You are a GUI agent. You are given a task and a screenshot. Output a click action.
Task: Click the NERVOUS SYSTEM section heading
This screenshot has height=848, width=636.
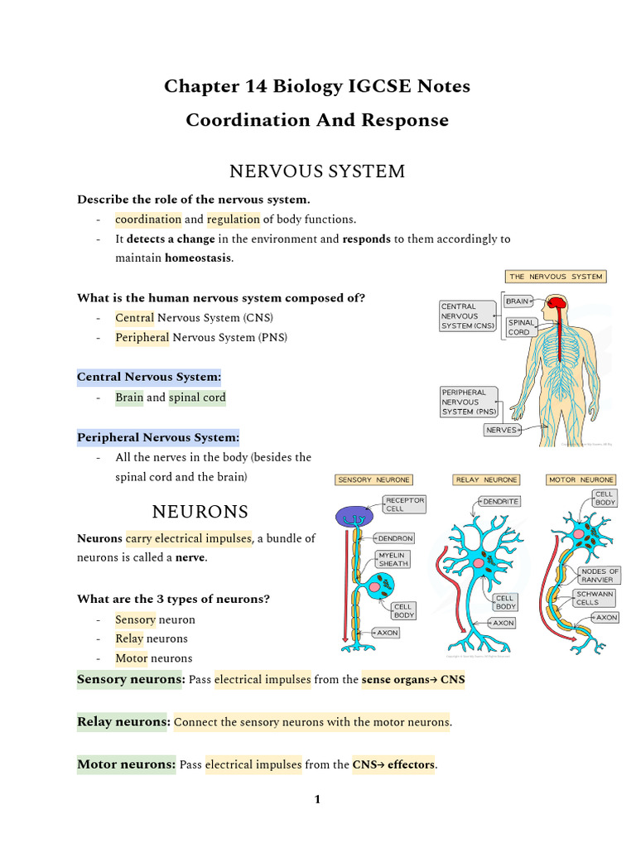[x=317, y=171]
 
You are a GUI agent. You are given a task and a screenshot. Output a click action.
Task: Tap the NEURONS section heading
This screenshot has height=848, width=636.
[x=200, y=511]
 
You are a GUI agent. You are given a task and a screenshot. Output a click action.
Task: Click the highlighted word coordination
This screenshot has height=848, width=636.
[x=148, y=219]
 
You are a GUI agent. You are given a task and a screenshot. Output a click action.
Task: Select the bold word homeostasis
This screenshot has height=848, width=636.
[x=199, y=258]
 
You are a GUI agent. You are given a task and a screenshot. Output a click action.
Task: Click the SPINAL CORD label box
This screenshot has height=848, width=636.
[x=521, y=327]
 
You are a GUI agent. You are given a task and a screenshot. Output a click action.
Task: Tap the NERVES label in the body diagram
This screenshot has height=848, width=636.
[x=502, y=430]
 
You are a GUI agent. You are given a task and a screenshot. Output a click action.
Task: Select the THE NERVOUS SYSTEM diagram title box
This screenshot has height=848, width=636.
[x=556, y=277]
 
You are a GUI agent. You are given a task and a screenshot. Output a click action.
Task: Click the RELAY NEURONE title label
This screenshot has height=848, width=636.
[x=486, y=479]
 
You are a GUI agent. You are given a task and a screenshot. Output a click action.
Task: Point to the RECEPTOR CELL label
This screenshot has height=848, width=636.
[x=405, y=504]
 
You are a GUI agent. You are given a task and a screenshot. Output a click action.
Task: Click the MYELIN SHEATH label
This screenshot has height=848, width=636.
[x=393, y=559]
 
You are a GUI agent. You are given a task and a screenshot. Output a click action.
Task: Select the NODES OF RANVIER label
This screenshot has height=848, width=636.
[x=600, y=576]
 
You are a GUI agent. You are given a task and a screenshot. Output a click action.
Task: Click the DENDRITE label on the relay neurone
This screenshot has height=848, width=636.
[x=499, y=501]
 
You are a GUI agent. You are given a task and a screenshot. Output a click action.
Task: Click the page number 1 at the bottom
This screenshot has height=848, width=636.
[x=317, y=799]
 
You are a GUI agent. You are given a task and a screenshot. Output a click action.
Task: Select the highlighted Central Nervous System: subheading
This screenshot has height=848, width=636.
[x=149, y=377]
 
